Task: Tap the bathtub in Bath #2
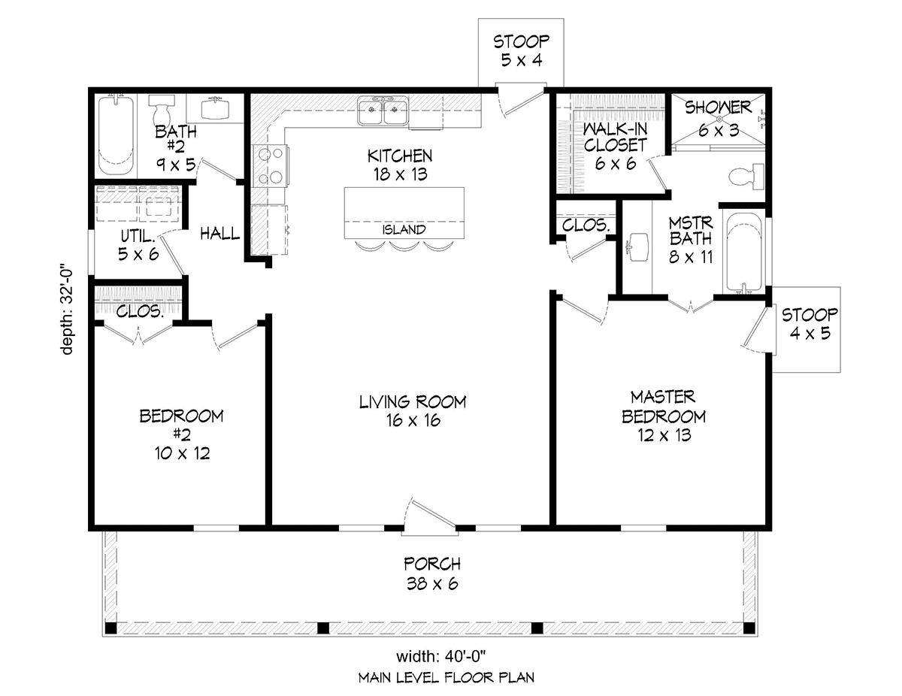pyautogui.click(x=116, y=135)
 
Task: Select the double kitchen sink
pyautogui.click(x=383, y=110)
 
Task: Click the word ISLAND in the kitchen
pyautogui.click(x=404, y=229)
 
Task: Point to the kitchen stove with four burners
pyautogui.click(x=271, y=166)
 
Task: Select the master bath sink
pyautogui.click(x=637, y=247)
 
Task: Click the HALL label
pyautogui.click(x=220, y=234)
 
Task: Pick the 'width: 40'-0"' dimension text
pyautogui.click(x=440, y=657)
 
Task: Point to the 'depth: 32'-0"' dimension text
pyautogui.click(x=67, y=311)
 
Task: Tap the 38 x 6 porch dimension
pyautogui.click(x=432, y=584)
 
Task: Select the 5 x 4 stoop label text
pyautogui.click(x=522, y=61)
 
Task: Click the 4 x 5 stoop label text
pyautogui.click(x=810, y=333)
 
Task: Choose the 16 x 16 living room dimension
pyautogui.click(x=413, y=420)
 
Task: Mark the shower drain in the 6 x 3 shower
pyautogui.click(x=719, y=119)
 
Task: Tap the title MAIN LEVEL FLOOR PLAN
pyautogui.click(x=446, y=678)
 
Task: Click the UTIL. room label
pyautogui.click(x=138, y=237)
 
